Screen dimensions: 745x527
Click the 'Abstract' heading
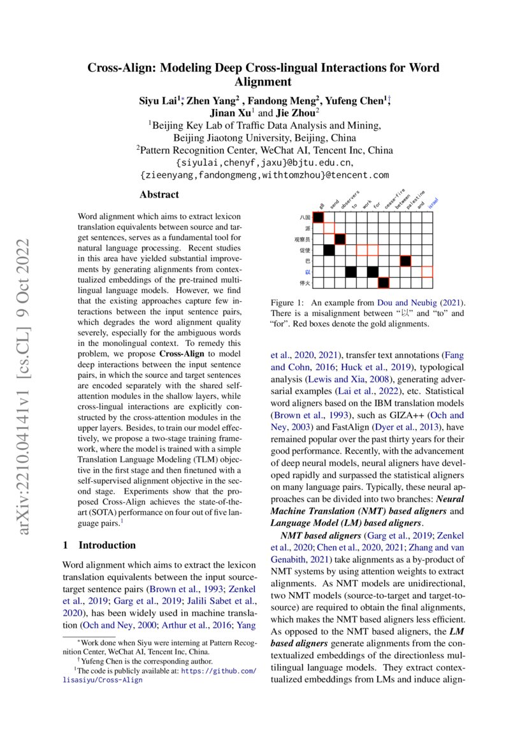point(159,195)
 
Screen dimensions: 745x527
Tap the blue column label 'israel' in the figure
point(432,203)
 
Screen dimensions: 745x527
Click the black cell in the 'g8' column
point(318,217)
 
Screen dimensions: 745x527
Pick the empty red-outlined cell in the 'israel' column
point(427,271)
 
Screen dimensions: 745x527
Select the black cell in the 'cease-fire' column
point(384,282)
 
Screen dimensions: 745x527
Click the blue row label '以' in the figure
point(308,271)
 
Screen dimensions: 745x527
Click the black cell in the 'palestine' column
point(405,261)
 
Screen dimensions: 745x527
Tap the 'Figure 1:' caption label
point(287,301)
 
